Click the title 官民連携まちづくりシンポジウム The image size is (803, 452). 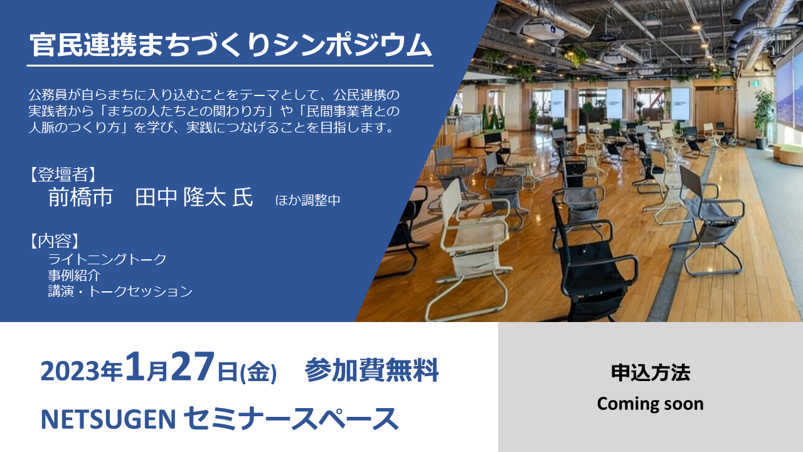pyautogui.click(x=230, y=46)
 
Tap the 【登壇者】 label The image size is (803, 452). pyautogui.click(x=62, y=175)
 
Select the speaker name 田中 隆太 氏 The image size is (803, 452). pyautogui.click(x=194, y=197)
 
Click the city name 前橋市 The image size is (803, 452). pyautogui.click(x=81, y=197)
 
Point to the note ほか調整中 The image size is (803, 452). pyautogui.click(x=307, y=200)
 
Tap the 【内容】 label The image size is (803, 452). pyautogui.click(x=54, y=241)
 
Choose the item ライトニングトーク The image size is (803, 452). pyautogui.click(x=107, y=259)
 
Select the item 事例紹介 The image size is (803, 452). pyautogui.click(x=74, y=275)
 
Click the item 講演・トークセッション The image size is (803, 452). pyautogui.click(x=120, y=291)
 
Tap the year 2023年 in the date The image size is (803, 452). pyautogui.click(x=82, y=371)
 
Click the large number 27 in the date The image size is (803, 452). pyautogui.click(x=193, y=366)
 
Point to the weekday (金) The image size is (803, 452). pyautogui.click(x=258, y=372)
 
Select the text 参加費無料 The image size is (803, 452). pyautogui.click(x=372, y=370)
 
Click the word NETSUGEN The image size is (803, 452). pyautogui.click(x=109, y=419)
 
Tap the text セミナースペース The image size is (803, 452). pyautogui.click(x=291, y=419)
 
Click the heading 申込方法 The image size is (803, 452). pyautogui.click(x=651, y=372)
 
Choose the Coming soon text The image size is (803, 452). pyautogui.click(x=651, y=404)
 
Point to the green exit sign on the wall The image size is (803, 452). pyautogui.click(x=755, y=83)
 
